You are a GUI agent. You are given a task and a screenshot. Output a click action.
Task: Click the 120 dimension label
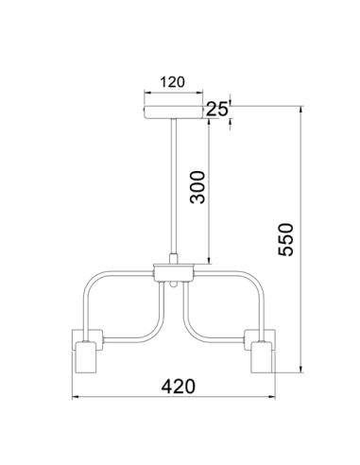click(x=172, y=82)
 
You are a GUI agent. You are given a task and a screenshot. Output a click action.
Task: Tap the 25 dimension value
click(x=216, y=110)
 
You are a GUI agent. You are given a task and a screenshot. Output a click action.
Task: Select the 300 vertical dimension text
click(x=197, y=187)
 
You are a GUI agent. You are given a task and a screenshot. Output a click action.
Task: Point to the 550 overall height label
click(x=286, y=239)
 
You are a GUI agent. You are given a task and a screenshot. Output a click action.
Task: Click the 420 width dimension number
click(x=179, y=387)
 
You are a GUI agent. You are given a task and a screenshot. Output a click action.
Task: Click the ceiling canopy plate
click(x=174, y=112)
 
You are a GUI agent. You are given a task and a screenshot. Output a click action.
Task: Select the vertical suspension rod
click(x=174, y=186)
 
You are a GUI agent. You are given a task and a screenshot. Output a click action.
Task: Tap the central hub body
click(x=174, y=273)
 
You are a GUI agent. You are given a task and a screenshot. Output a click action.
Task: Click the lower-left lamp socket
click(x=86, y=357)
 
